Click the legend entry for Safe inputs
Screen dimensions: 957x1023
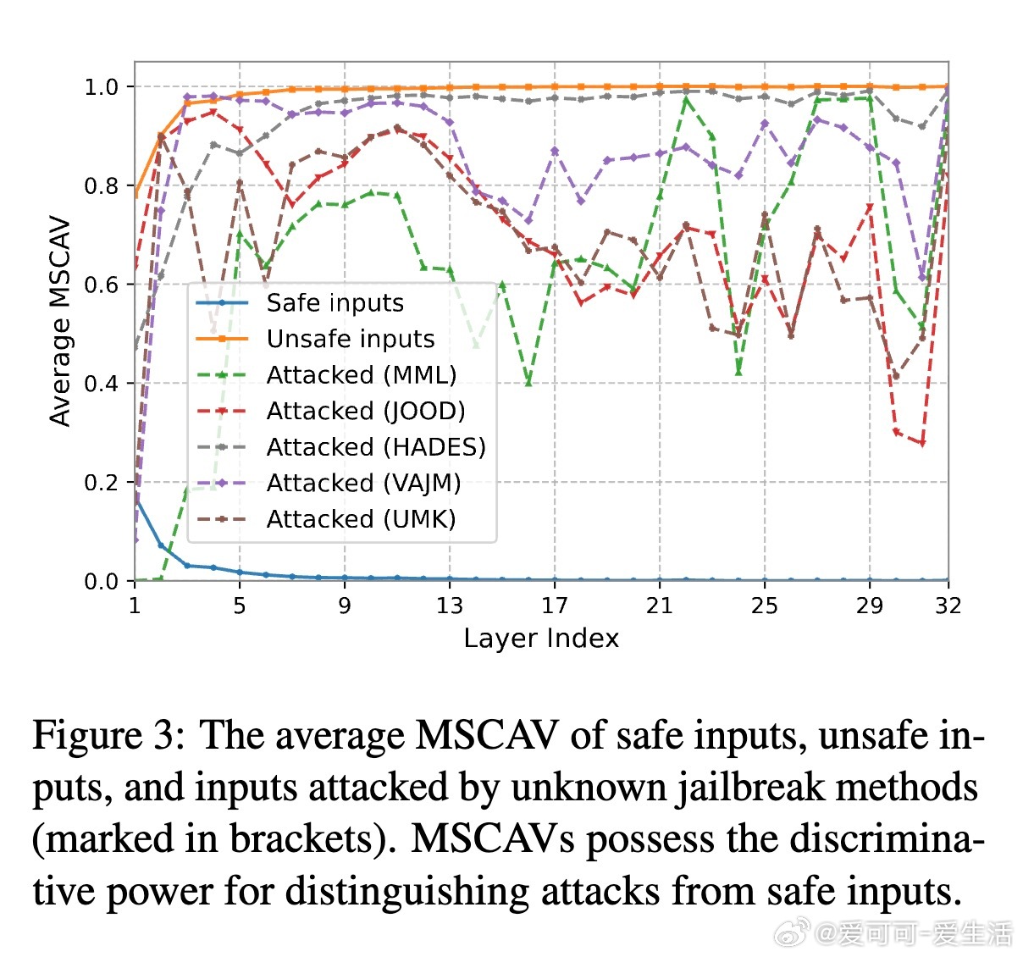pyautogui.click(x=335, y=303)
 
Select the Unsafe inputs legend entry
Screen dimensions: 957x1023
pyautogui.click(x=350, y=339)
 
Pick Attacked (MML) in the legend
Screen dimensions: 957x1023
pyautogui.click(x=361, y=375)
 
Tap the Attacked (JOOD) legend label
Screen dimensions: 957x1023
pyautogui.click(x=366, y=411)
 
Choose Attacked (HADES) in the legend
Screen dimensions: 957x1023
pyautogui.click(x=376, y=447)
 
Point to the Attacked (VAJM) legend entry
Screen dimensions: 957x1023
pyautogui.click(x=363, y=483)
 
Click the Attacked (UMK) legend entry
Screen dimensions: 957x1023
pyautogui.click(x=361, y=519)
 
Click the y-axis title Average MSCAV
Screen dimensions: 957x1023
pyautogui.click(x=60, y=322)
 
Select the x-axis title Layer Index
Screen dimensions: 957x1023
pyautogui.click(x=541, y=638)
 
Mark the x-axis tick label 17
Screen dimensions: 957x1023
pyautogui.click(x=555, y=606)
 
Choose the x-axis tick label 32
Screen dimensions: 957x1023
pyautogui.click(x=948, y=606)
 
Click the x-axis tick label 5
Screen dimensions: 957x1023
pyautogui.click(x=240, y=606)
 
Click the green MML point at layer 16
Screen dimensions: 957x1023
pyautogui.click(x=528, y=382)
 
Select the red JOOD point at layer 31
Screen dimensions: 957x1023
pyautogui.click(x=922, y=443)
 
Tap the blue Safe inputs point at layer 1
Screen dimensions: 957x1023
pyautogui.click(x=135, y=500)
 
